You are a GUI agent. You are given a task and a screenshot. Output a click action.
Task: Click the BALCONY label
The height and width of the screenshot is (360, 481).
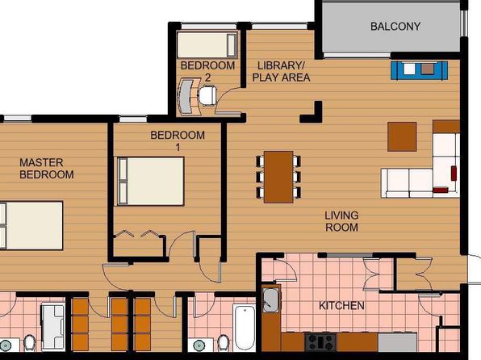395,27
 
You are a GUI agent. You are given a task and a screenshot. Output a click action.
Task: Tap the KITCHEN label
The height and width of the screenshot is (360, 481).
341,306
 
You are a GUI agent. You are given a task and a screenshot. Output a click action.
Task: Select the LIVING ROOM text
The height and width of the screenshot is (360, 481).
341,221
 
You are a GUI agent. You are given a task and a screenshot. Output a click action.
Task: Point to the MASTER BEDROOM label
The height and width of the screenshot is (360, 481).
47,169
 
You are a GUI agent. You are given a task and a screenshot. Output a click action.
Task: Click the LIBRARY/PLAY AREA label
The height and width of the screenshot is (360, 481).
281,72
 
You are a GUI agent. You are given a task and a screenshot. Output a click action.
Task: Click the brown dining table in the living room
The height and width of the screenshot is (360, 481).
278,177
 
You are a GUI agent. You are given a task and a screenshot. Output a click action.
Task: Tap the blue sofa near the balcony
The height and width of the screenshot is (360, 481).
419,70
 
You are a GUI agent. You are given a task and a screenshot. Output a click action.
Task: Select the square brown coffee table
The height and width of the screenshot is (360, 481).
402,136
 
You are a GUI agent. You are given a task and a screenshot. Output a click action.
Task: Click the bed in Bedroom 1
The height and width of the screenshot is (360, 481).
151,181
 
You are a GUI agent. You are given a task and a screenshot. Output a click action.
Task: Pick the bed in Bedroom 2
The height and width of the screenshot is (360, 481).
207,45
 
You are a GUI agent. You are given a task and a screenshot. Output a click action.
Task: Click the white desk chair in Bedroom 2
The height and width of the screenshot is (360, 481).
207,96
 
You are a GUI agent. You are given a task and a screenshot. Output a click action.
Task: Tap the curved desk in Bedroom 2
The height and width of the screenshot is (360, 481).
188,96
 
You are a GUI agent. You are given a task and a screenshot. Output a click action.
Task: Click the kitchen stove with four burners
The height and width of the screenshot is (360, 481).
320,342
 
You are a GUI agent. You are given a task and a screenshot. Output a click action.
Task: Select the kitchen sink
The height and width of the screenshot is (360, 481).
271,300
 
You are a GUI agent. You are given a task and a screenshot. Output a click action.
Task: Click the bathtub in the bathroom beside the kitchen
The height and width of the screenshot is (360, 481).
245,328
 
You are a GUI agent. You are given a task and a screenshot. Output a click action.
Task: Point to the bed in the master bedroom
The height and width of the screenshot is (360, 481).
31,225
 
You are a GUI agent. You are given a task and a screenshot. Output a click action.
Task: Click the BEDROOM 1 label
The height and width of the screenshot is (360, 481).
178,141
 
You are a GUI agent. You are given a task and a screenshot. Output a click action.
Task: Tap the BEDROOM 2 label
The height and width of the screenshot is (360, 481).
207,72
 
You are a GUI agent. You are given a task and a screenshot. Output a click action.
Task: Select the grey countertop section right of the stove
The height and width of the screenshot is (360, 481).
398,342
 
